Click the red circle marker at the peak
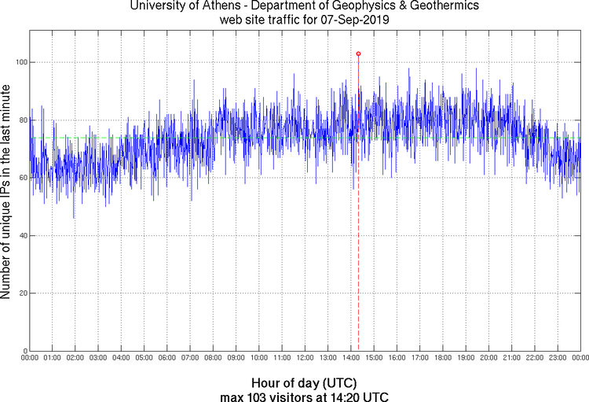(358, 53)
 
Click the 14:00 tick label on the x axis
(350, 359)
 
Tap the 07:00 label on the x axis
(190, 359)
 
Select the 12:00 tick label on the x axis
(305, 359)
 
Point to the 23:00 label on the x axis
(557, 359)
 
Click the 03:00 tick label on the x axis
(98, 359)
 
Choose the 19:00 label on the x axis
(465, 359)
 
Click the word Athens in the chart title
(235, 6)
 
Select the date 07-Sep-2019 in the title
(350, 19)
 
